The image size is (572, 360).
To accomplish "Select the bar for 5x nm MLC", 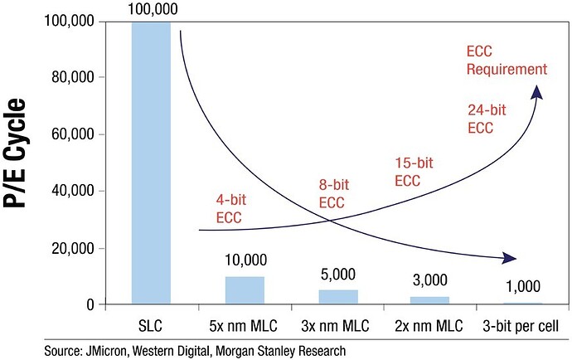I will click(x=245, y=290).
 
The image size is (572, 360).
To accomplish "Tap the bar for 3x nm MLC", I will click(x=339, y=297).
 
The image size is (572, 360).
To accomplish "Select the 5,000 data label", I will click(x=339, y=275).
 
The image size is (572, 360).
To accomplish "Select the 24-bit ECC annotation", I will click(x=480, y=119).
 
